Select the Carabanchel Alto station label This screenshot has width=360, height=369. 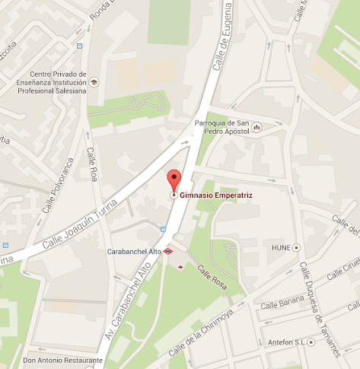(133, 250)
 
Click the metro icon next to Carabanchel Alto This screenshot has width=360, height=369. (168, 250)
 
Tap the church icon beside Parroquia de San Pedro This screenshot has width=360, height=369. (256, 126)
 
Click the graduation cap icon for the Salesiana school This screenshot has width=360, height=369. (94, 81)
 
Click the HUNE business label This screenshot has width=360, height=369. (282, 247)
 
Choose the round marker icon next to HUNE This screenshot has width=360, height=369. (297, 247)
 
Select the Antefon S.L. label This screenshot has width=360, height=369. (286, 342)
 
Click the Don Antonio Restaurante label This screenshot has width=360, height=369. (62, 360)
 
